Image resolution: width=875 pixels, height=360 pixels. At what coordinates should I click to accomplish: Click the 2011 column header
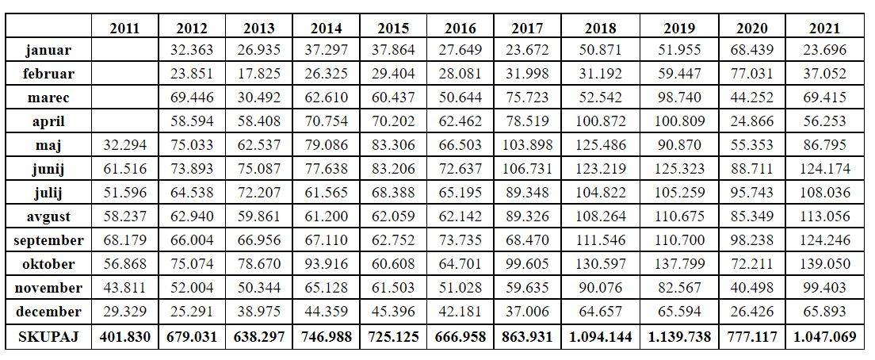coord(125,29)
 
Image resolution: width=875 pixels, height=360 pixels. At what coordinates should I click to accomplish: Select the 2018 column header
coord(600,29)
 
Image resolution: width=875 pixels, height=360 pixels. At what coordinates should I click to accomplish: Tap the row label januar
coord(48,51)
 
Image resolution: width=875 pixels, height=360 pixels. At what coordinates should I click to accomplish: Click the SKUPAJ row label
coord(48,337)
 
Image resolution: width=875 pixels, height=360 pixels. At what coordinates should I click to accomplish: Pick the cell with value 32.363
coord(192,51)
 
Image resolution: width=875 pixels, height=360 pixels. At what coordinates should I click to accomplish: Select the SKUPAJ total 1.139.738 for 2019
coord(678,337)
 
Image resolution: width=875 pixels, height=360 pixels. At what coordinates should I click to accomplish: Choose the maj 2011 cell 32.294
coord(125,146)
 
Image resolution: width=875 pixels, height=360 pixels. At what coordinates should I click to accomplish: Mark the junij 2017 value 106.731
coord(527,170)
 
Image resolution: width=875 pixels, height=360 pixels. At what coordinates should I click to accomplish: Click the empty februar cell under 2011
coord(125,75)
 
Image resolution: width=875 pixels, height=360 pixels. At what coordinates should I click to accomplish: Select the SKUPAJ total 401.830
coord(125,337)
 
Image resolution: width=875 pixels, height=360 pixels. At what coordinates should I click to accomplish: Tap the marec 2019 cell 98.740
coord(678,98)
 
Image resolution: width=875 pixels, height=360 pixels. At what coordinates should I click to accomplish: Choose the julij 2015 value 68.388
coord(393,193)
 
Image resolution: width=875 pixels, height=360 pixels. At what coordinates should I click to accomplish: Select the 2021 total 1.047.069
coord(824,337)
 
